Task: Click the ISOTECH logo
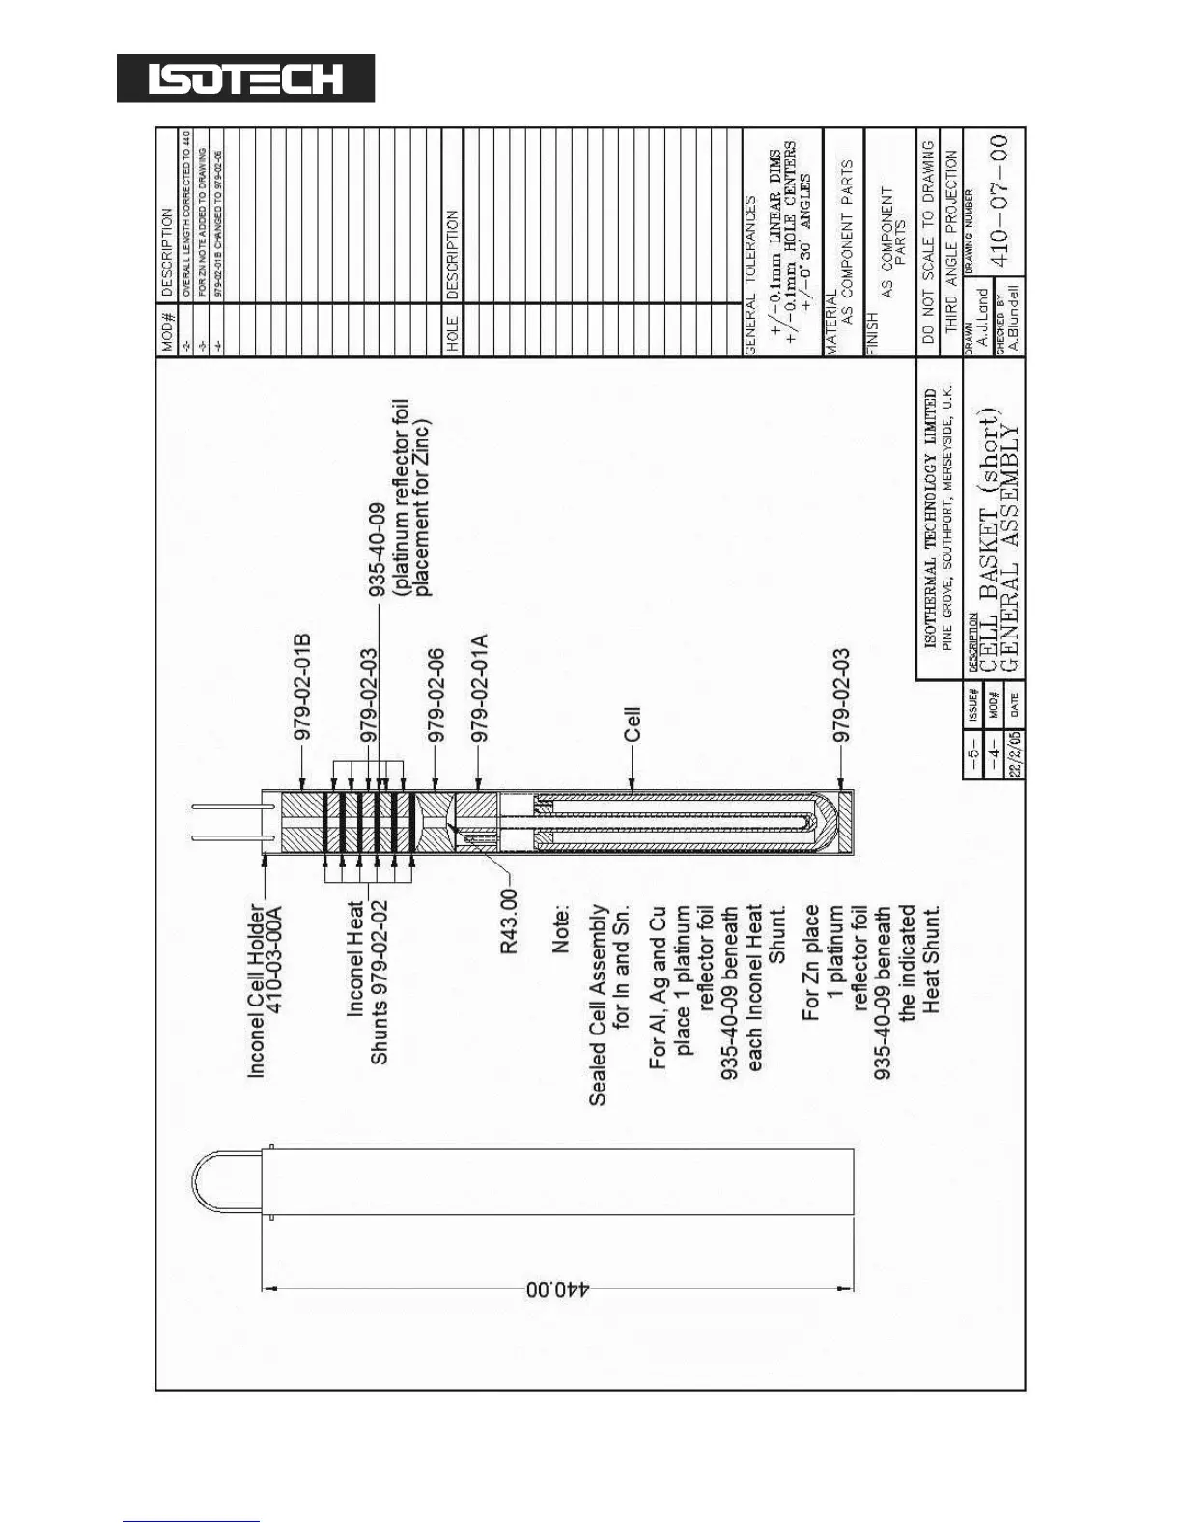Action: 245,78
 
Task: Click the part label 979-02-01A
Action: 479,688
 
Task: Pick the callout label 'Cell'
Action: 633,724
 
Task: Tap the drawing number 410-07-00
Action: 1000,200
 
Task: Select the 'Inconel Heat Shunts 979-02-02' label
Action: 368,982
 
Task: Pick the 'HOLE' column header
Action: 453,334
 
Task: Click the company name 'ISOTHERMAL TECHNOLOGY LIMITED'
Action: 930,519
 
